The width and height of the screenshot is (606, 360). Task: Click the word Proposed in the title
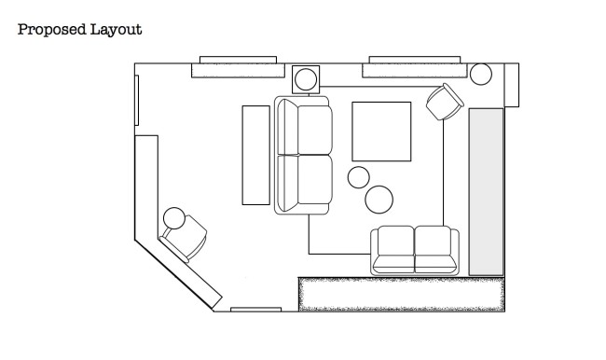(x=52, y=30)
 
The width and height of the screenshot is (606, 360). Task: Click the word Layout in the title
(x=116, y=30)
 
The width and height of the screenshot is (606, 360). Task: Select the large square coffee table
(x=381, y=132)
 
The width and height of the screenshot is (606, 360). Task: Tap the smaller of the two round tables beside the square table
(x=359, y=177)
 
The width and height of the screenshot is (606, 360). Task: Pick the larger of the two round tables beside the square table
(x=379, y=200)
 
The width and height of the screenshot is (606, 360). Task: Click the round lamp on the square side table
(x=306, y=79)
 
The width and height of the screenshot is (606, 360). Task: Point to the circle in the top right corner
(x=481, y=74)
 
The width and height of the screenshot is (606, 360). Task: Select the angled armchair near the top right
(x=445, y=102)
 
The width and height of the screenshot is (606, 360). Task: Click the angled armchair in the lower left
(x=184, y=239)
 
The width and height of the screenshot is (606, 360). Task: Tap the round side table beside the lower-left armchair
(x=174, y=218)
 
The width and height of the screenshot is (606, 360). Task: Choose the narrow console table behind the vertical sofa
(x=255, y=155)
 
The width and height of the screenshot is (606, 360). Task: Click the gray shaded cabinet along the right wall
(x=486, y=192)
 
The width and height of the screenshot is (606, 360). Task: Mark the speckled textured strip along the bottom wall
(x=402, y=295)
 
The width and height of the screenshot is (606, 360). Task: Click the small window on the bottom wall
(x=255, y=310)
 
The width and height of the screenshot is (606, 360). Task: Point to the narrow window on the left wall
(x=137, y=100)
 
